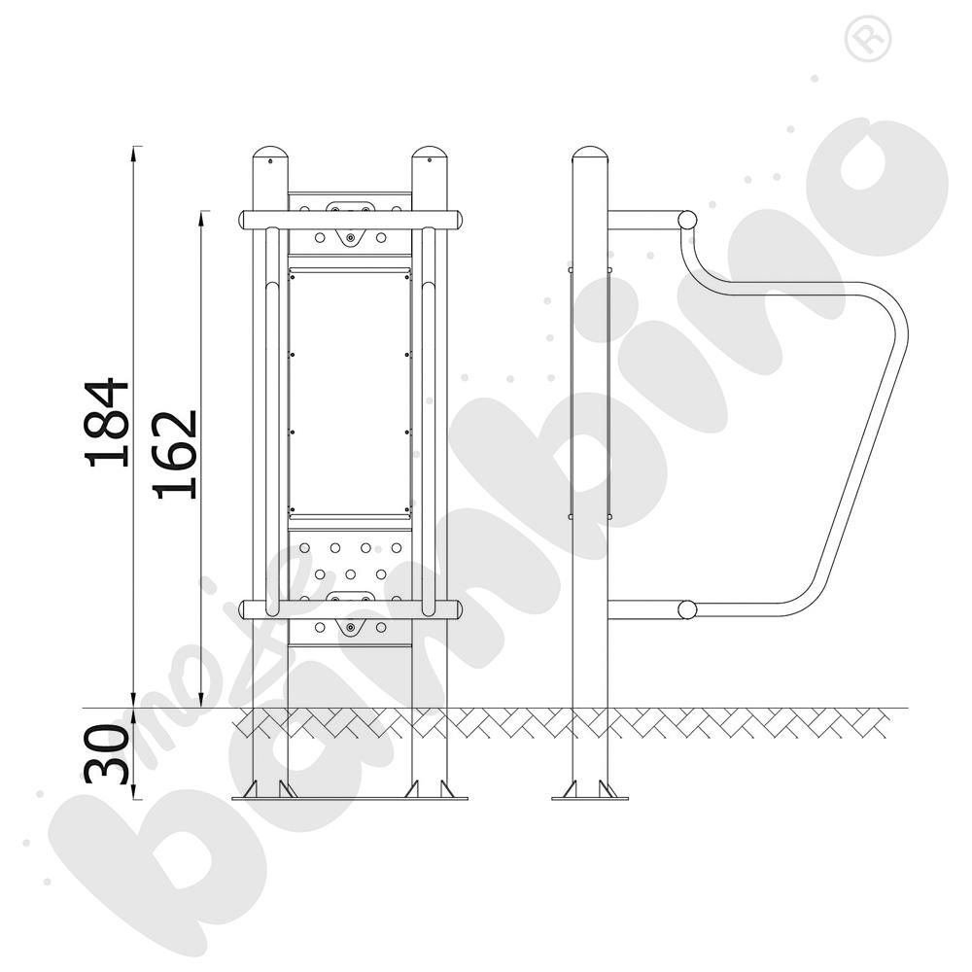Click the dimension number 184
click(107, 421)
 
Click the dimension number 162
click(175, 454)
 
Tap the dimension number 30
click(107, 753)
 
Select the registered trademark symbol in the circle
click(868, 39)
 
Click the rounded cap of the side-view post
click(590, 153)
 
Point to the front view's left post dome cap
click(270, 153)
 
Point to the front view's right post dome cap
click(430, 153)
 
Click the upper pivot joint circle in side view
click(687, 220)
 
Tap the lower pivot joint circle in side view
click(687, 609)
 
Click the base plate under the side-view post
click(590, 798)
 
